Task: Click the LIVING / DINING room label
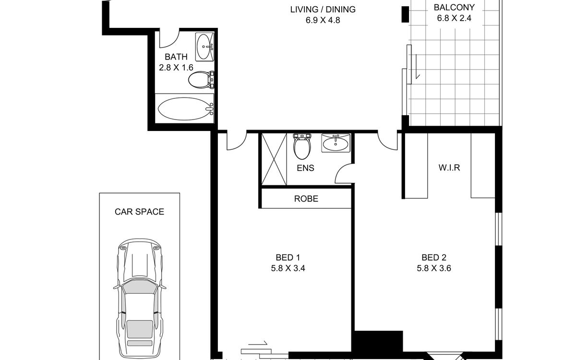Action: [x=323, y=10]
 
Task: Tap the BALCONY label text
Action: [x=454, y=8]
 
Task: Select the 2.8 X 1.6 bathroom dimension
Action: [x=176, y=68]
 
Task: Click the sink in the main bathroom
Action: [x=204, y=47]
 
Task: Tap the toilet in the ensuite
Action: [x=302, y=146]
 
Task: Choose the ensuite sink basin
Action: [x=336, y=143]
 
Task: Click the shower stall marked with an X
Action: [x=274, y=159]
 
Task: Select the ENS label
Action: [x=305, y=168]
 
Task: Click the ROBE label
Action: [x=306, y=199]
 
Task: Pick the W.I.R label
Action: [x=449, y=168]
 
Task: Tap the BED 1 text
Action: [x=288, y=257]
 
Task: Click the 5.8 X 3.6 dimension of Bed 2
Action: [x=434, y=268]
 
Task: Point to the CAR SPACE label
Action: [x=139, y=212]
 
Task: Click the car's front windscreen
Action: [x=140, y=287]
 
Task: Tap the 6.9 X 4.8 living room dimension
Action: [x=323, y=20]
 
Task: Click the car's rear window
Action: [x=140, y=329]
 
